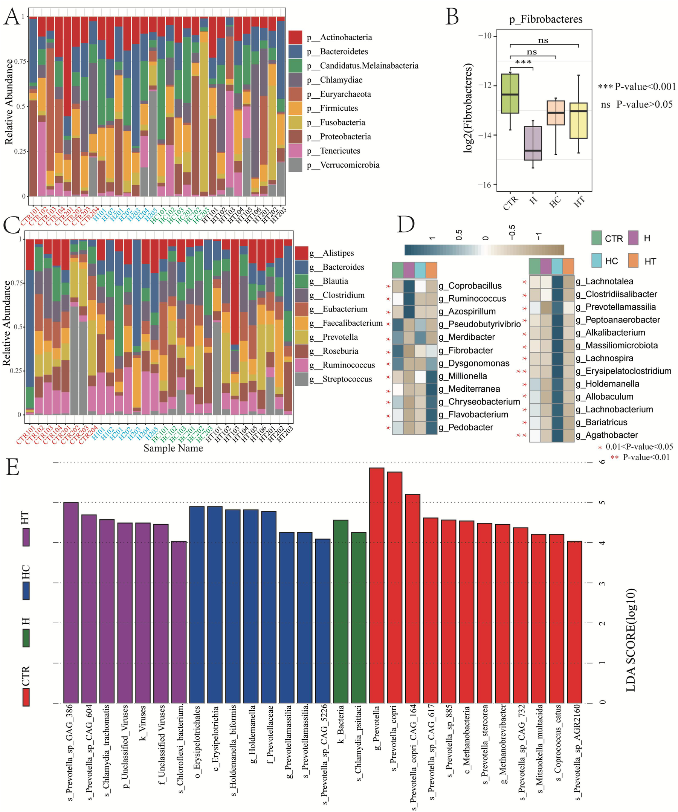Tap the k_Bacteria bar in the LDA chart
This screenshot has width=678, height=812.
pyautogui.click(x=341, y=611)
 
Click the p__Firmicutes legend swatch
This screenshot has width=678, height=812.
pyautogui.click(x=295, y=108)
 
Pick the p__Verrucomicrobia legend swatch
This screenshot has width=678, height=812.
pyautogui.click(x=295, y=165)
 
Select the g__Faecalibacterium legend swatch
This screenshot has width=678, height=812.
pyautogui.click(x=301, y=323)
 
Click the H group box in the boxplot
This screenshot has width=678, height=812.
pyautogui.click(x=533, y=143)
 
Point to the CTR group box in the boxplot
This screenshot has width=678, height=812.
pyautogui.click(x=510, y=93)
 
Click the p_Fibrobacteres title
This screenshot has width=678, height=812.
pyautogui.click(x=545, y=19)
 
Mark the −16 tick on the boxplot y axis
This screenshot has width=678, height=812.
pyautogui.click(x=485, y=185)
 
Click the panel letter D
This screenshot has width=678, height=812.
pyautogui.click(x=406, y=224)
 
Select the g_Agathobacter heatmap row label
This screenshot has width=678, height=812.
pyautogui.click(x=606, y=435)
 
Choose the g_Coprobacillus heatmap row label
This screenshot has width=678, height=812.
pyautogui.click(x=470, y=286)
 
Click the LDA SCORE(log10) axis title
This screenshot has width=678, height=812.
pyautogui.click(x=631, y=640)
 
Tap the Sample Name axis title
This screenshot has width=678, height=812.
pyautogui.click(x=173, y=448)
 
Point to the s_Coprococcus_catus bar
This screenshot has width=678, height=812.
pyautogui.click(x=557, y=618)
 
